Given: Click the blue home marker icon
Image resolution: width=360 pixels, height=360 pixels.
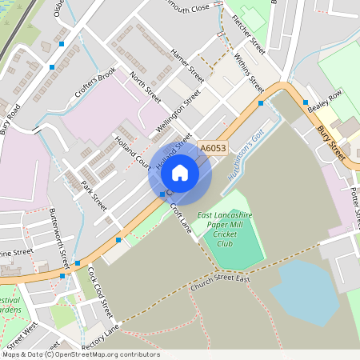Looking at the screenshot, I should tap(180, 172).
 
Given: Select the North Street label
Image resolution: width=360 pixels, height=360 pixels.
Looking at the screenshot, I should tap(145, 88).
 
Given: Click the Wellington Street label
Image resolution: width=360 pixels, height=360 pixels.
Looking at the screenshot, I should tap(177, 114).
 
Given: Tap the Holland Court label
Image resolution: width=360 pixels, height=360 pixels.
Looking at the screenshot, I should tap(132, 151).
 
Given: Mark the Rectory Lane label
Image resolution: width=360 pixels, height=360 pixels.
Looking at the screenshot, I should tap(100, 333).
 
